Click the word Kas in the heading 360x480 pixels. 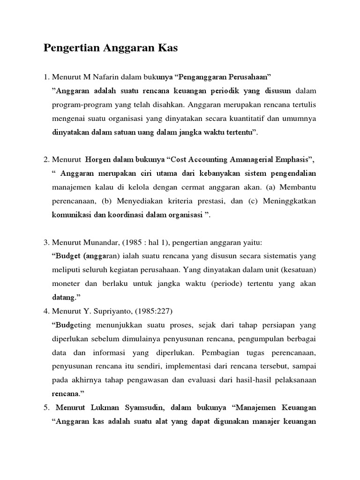click(x=168, y=48)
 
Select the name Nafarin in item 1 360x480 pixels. click(x=105, y=76)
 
